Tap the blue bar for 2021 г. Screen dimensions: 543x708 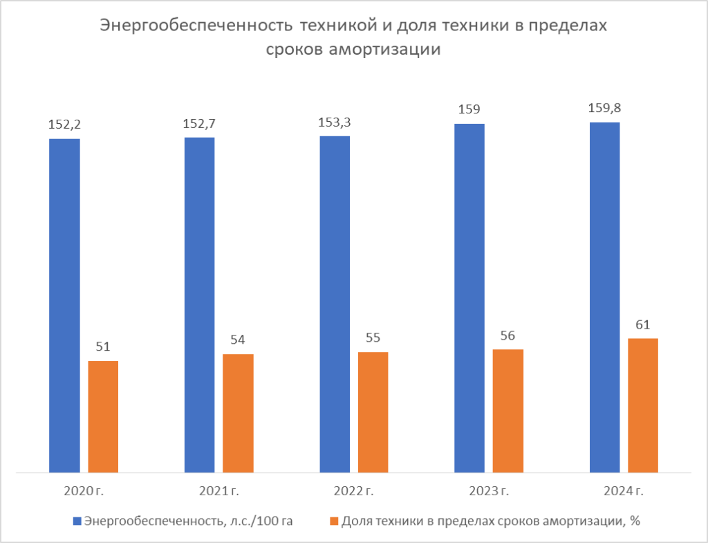click(199, 305)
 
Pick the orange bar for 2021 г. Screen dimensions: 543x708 click(238, 414)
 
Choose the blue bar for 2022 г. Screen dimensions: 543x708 click(335, 304)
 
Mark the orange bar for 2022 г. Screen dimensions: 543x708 click(373, 412)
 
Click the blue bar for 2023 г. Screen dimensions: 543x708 click(469, 298)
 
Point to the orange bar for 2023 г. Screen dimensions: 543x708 click(508, 411)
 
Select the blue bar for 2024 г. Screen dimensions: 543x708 click(604, 297)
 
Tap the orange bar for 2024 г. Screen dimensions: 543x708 click(643, 405)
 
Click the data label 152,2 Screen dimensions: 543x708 click(64, 125)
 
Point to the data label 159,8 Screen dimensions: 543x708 click(604, 108)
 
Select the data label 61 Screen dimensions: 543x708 click(643, 324)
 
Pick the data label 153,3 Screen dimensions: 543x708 click(335, 122)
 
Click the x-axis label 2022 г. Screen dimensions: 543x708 click(353, 492)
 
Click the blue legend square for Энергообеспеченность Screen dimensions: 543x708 click(77, 521)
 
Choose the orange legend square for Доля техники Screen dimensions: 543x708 click(335, 521)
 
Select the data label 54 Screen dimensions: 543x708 click(238, 340)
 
